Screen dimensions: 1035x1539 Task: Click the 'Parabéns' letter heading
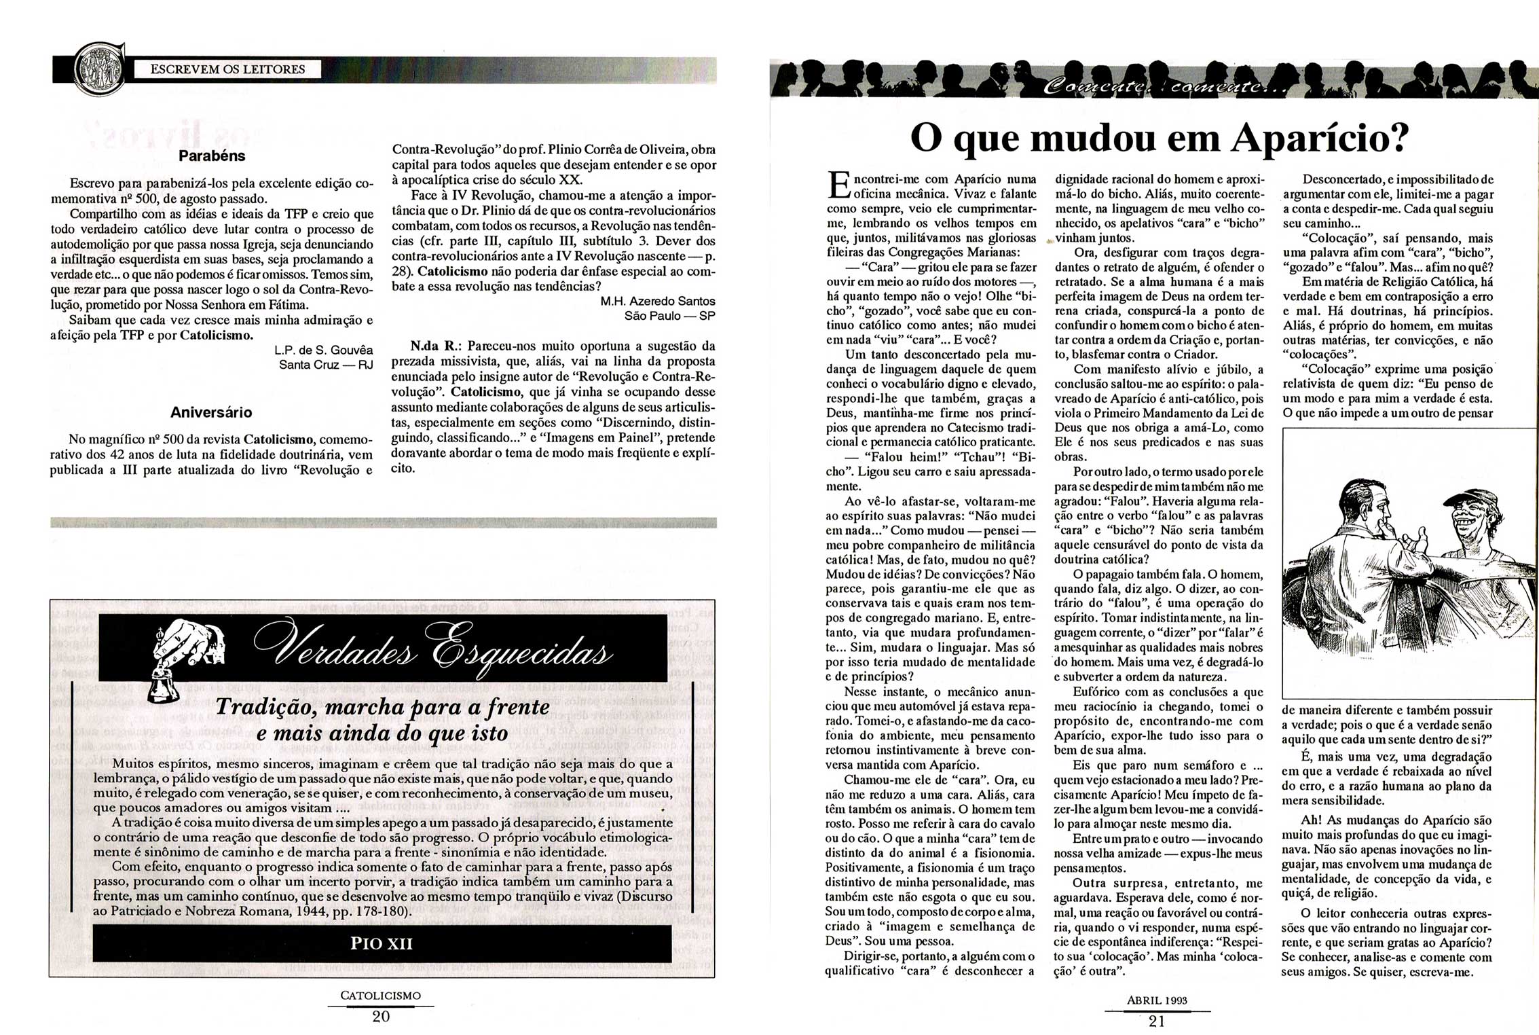click(212, 156)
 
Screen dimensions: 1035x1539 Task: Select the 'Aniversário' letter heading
click(211, 412)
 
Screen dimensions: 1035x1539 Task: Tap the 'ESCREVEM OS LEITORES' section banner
click(227, 69)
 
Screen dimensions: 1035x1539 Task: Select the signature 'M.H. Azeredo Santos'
click(658, 301)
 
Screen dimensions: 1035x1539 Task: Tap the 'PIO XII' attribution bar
click(382, 943)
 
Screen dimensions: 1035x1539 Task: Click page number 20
click(380, 1017)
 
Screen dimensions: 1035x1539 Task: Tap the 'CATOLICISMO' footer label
click(380, 996)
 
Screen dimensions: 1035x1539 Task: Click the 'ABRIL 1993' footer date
click(1157, 1000)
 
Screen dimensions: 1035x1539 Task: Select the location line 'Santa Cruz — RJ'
click(326, 365)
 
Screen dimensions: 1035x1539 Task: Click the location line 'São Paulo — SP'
click(669, 316)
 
